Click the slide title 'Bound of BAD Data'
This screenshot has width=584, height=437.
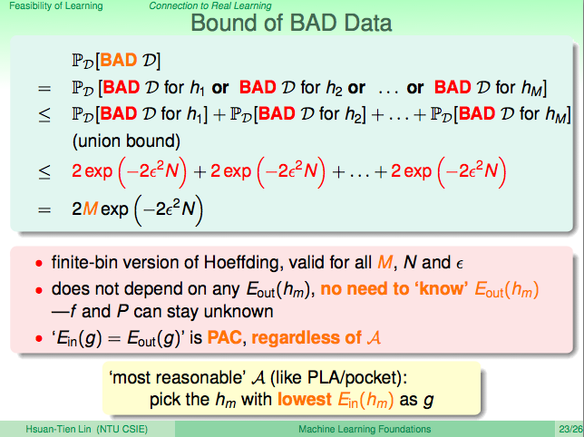(291, 23)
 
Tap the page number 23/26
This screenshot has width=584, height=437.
(570, 429)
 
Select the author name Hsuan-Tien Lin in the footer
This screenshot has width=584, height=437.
(58, 429)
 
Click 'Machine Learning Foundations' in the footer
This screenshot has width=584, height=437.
(365, 429)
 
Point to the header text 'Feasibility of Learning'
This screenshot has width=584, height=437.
(56, 6)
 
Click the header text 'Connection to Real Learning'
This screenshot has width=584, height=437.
(210, 6)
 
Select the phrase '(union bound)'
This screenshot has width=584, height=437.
(126, 141)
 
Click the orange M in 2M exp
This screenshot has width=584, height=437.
(90, 209)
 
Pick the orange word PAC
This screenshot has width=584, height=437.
(225, 337)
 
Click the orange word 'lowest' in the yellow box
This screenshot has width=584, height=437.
(305, 400)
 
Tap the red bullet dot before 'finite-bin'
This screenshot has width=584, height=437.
(39, 264)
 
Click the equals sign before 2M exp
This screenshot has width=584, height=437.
(44, 210)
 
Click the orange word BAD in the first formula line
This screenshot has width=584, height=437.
(119, 60)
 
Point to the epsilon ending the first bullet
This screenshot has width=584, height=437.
(460, 264)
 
